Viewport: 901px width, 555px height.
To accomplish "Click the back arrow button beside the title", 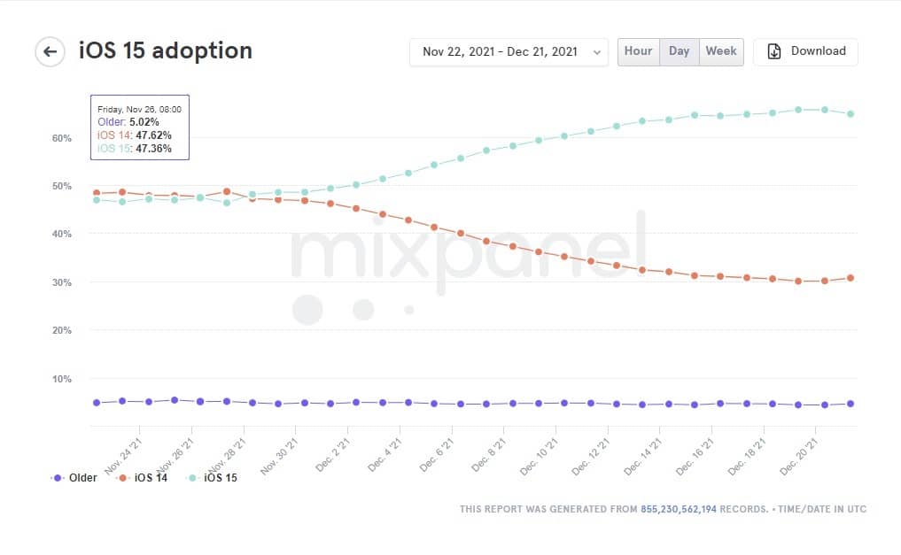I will coord(50,51).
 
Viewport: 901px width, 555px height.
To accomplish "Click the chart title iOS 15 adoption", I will coord(165,50).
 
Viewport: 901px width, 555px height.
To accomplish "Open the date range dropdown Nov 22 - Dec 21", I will coord(509,52).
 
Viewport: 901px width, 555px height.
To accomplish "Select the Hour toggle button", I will coord(638,51).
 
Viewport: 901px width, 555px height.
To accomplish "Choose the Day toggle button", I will coord(679,51).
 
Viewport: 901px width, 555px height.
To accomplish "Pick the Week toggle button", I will coord(720,51).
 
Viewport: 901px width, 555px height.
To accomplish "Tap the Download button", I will coord(805,51).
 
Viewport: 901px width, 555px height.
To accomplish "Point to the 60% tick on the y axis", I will coord(61,138).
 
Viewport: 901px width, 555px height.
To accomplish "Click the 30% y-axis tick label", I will coord(61,282).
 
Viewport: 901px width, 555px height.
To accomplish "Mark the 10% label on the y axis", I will coord(61,379).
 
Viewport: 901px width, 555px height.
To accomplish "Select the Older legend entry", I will coord(75,478).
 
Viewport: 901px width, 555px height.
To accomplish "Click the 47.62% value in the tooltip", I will coord(153,135).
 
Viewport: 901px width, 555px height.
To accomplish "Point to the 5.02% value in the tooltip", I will coord(144,122).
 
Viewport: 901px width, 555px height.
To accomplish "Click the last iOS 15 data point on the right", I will coord(851,113).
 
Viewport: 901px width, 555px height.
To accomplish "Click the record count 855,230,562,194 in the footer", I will coord(679,509).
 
